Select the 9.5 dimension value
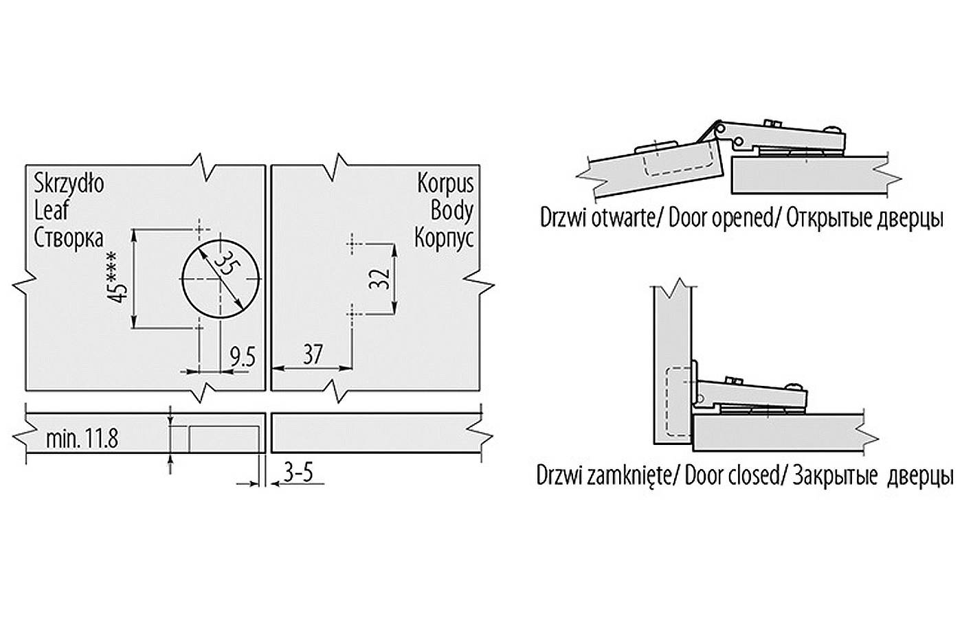(x=242, y=357)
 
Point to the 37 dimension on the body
(x=313, y=355)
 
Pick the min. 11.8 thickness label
(x=82, y=438)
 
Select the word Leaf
(x=52, y=210)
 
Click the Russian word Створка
(x=69, y=238)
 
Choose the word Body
(x=451, y=210)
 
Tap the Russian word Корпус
(x=444, y=238)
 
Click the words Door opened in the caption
(x=721, y=219)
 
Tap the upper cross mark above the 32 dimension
(x=352, y=242)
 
